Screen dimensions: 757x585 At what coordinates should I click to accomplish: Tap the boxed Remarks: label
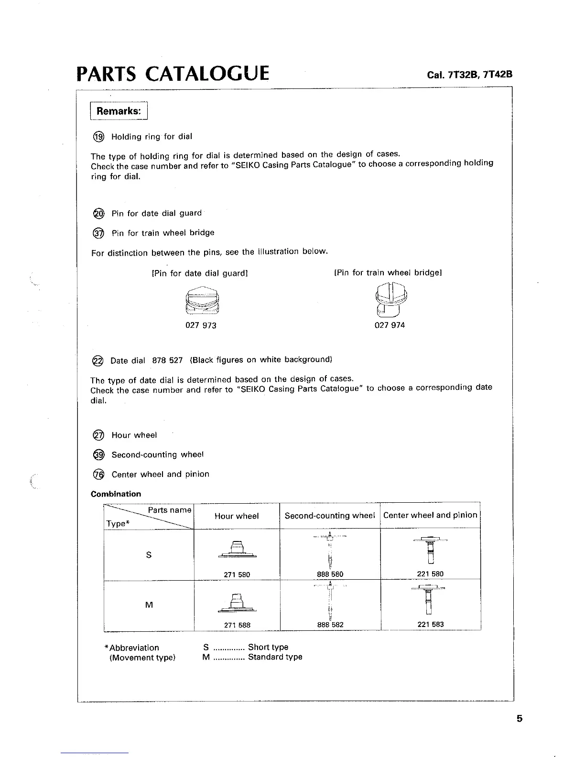[119, 111]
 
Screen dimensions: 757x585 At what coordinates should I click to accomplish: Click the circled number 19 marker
[98, 137]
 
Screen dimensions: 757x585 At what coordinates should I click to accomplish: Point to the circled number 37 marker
[98, 233]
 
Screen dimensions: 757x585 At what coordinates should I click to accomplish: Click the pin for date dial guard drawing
[202, 301]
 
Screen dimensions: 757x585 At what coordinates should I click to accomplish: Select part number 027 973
[201, 325]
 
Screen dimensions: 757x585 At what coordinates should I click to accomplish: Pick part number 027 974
[390, 325]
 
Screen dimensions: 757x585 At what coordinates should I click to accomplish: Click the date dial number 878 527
[167, 360]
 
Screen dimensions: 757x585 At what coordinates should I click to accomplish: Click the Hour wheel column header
[237, 516]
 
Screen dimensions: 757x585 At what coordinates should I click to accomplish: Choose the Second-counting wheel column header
[330, 516]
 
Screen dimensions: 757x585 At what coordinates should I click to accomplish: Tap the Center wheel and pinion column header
[430, 515]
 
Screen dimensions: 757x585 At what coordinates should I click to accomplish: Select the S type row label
[149, 555]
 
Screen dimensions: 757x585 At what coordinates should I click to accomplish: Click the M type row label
[149, 605]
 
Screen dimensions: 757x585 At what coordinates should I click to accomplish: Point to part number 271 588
[237, 625]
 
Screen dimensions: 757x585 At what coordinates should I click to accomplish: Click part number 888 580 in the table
[330, 574]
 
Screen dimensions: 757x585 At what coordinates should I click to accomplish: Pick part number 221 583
[431, 624]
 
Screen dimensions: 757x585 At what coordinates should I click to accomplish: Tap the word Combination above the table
[116, 494]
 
